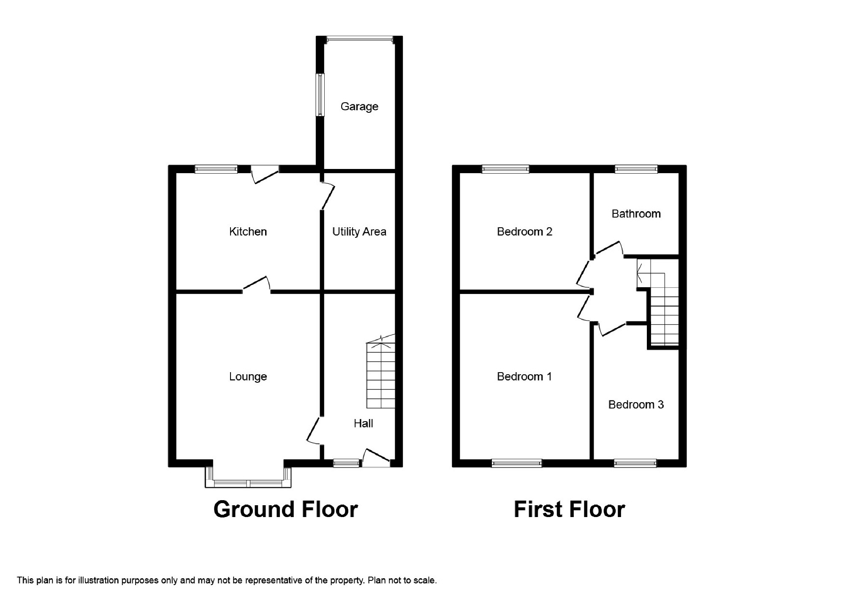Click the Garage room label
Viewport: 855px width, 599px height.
359,106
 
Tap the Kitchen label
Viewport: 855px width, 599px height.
248,231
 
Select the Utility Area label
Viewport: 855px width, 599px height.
359,231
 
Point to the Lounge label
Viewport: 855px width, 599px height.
248,376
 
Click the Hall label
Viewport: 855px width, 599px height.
363,423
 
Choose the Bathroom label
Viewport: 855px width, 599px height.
636,214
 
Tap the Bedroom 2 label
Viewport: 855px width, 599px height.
524,231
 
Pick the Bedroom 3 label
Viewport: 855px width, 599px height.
636,405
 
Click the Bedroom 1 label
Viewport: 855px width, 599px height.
524,376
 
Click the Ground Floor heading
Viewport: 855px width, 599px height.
286,509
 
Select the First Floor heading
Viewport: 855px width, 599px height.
569,509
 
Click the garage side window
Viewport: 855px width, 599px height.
321,95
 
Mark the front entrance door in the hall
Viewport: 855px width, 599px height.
376,457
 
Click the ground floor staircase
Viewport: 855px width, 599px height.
381,372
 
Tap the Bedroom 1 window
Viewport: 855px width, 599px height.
517,463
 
